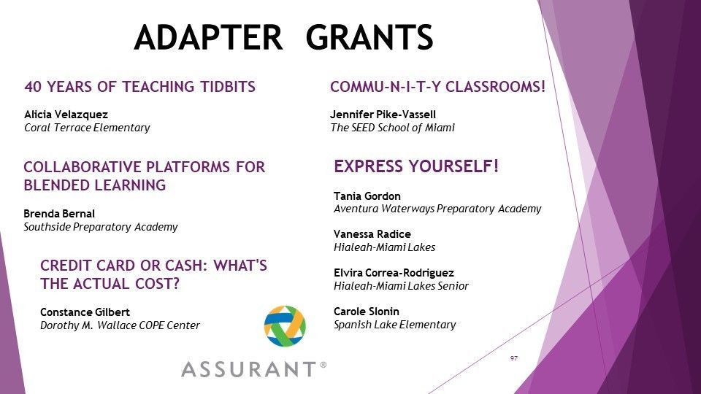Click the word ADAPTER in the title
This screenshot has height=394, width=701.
pos(208,36)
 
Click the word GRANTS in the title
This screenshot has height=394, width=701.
pos(369,36)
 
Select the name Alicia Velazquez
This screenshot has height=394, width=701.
pos(66,115)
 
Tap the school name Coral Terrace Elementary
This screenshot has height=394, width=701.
pos(87,128)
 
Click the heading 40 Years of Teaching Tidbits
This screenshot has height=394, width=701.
pos(140,87)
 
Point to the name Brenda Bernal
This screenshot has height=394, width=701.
pos(59,214)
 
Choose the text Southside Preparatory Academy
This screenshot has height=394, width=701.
pos(101,227)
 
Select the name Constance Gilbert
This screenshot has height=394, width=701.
pos(85,312)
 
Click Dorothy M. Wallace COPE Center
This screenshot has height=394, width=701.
pos(120,325)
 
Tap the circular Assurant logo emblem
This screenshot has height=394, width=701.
pos(285,326)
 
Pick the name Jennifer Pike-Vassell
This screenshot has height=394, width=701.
pos(383,115)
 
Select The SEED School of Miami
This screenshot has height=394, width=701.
pos(393,128)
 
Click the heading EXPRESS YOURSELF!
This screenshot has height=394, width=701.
pos(416,166)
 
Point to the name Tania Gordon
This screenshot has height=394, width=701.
pos(367,196)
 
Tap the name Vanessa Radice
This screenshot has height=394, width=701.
pos(372,234)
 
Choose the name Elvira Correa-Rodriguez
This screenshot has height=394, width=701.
pos(394,273)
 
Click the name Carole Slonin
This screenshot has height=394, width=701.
pos(367,312)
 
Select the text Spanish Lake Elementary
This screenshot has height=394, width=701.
pos(395,325)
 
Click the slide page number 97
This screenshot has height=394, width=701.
pos(513,358)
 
